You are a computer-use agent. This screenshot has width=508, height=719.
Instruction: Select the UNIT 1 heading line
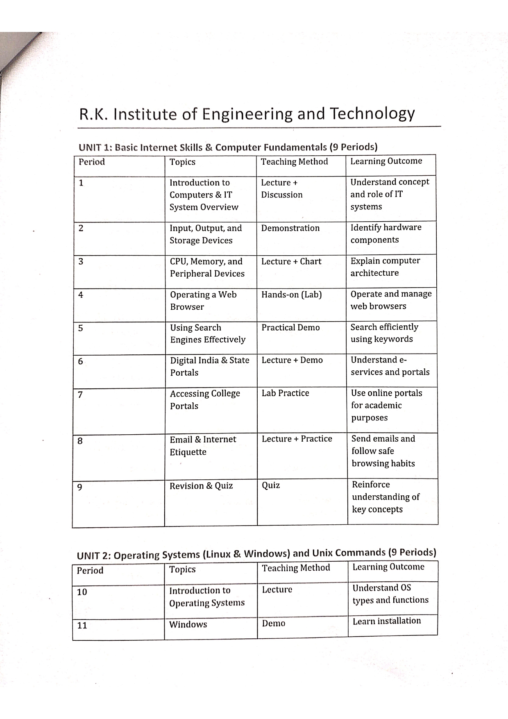click(228, 147)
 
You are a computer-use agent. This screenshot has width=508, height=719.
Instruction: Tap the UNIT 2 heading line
click(256, 554)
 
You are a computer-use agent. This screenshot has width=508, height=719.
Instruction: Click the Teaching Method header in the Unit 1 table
click(294, 162)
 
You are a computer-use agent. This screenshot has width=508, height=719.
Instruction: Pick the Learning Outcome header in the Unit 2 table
click(388, 567)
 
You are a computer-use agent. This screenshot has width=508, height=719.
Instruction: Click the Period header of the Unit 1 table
click(92, 162)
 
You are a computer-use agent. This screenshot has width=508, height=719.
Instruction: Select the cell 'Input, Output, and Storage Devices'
click(206, 234)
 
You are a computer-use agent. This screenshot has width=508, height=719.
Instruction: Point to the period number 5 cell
click(81, 328)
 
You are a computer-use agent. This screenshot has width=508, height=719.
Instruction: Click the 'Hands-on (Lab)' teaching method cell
click(291, 295)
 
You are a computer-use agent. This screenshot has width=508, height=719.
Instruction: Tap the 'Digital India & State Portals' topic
click(209, 366)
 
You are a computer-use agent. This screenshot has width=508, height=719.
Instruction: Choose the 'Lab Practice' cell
click(285, 393)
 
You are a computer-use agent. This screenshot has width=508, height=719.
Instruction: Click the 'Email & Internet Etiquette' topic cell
click(203, 446)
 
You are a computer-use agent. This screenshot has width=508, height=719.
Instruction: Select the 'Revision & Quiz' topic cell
click(201, 486)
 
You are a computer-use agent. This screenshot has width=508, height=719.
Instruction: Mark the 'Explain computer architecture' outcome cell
click(385, 267)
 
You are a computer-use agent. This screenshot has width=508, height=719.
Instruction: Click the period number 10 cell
click(82, 592)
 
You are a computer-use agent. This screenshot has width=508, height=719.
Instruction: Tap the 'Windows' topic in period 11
click(188, 624)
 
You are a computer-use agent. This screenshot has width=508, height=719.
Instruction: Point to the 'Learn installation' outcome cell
click(386, 621)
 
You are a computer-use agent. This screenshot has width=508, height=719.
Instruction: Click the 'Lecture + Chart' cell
click(291, 261)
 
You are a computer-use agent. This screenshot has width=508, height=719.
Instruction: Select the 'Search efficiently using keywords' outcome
click(384, 333)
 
